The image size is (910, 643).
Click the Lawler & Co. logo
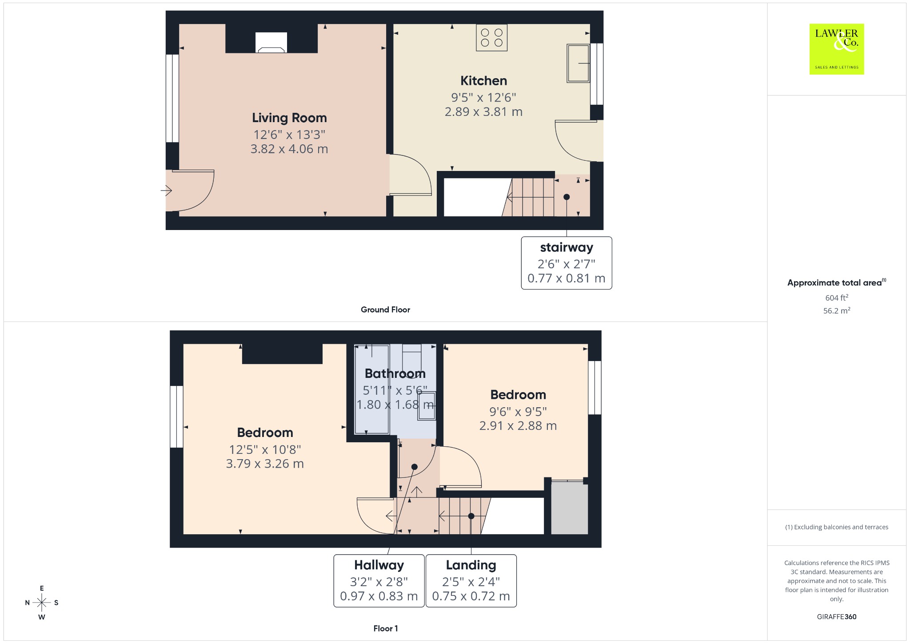[837, 49]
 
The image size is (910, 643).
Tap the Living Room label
[289, 118]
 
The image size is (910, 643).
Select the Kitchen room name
[483, 81]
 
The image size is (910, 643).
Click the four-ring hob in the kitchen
[491, 38]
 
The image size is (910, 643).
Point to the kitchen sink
[578, 63]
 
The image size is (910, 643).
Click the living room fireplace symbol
[271, 43]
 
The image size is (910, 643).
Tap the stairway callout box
[567, 263]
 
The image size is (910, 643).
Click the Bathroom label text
[395, 373]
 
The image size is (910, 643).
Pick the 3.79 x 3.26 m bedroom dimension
[265, 464]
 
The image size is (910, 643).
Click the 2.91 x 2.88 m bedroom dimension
[518, 425]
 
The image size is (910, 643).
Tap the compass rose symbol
[42, 603]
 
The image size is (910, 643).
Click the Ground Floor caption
[385, 310]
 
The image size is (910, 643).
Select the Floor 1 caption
[386, 628]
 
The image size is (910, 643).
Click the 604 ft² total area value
[837, 298]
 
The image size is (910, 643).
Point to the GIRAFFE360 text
[837, 616]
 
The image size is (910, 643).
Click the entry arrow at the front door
[166, 191]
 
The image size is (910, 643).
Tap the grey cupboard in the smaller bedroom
[570, 508]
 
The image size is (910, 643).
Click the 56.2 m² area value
[837, 310]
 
